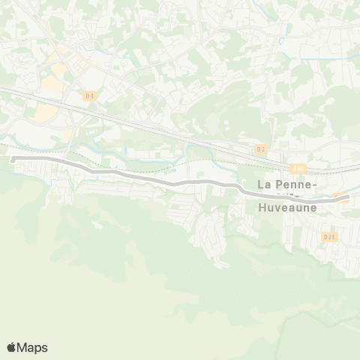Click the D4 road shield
tap(90, 95)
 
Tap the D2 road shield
tap(261, 148)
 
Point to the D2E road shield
tap(329, 236)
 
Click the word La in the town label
tap(265, 184)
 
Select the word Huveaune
tap(286, 208)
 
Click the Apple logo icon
tap(11, 347)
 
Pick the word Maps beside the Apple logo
tap(32, 347)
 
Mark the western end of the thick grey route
tap(13, 159)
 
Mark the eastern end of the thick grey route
tap(347, 198)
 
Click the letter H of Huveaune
tap(262, 208)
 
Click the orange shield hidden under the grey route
tap(339, 199)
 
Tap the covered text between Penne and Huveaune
tap(288, 196)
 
